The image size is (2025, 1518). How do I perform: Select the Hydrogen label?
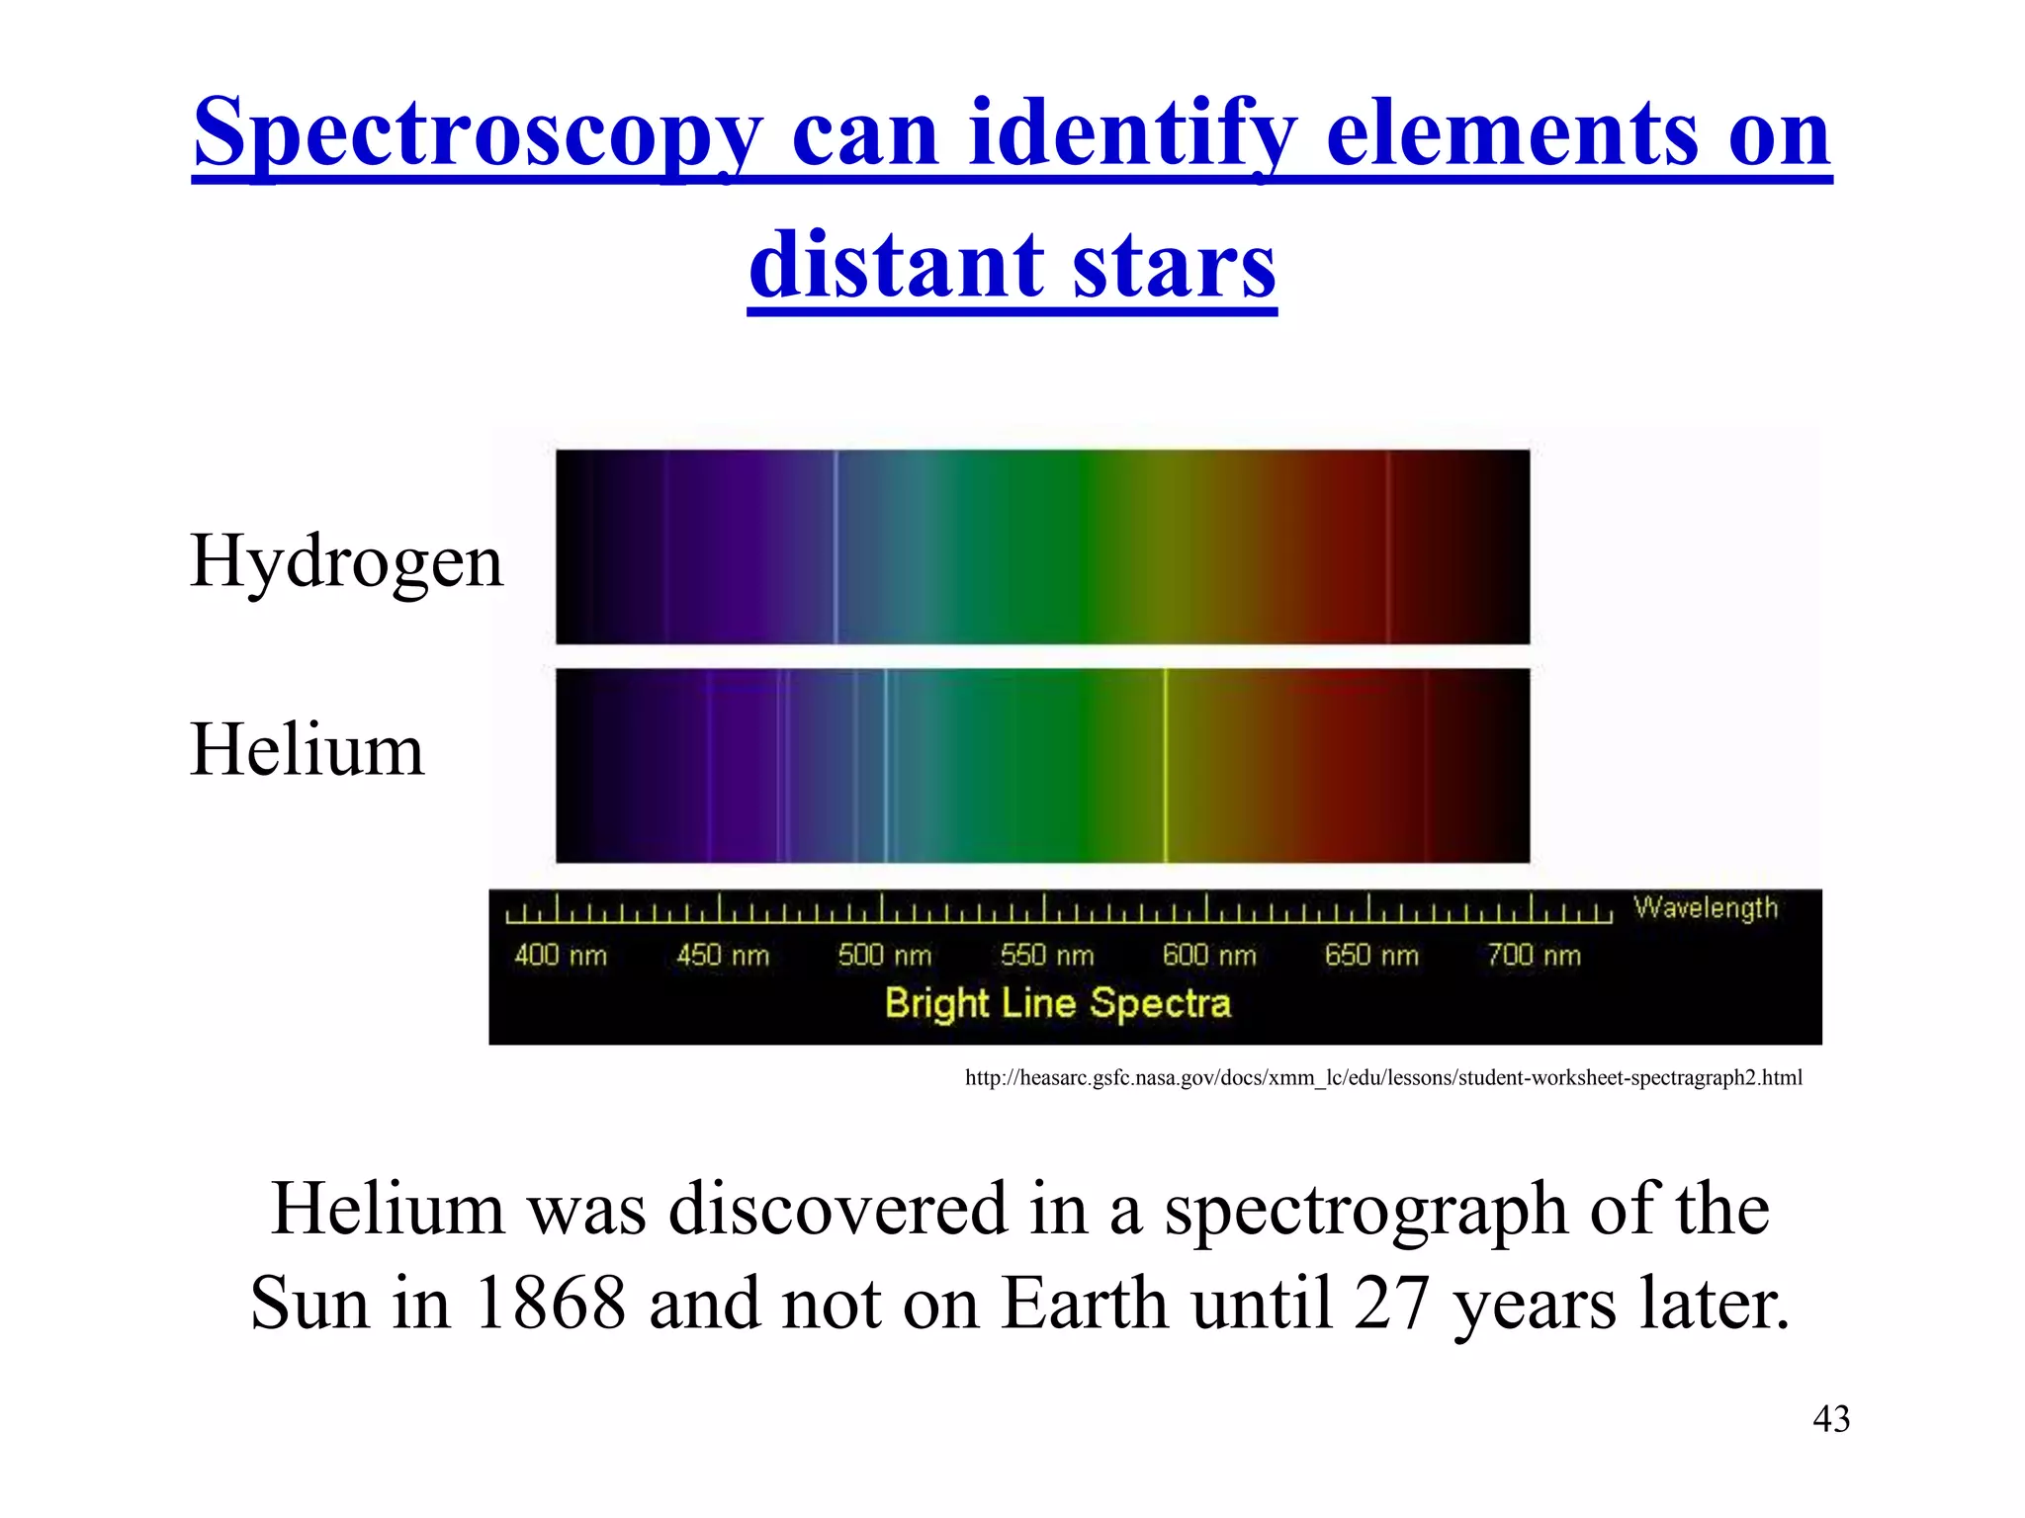[346, 560]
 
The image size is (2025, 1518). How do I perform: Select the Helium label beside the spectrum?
[307, 749]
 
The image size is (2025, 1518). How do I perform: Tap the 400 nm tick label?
[561, 956]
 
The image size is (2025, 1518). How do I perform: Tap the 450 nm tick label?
[723, 956]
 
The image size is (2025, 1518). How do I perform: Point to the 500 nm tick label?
[885, 956]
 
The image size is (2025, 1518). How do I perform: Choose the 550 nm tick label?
[1047, 956]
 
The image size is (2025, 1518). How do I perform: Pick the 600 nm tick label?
[1209, 956]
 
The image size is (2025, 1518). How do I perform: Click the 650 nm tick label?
[1371, 956]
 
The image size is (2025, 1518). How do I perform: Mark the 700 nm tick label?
[1534, 956]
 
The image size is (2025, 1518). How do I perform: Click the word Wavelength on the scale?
[1706, 908]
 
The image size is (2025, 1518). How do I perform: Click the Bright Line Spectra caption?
[1058, 1004]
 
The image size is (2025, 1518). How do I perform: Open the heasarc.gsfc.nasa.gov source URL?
[1383, 1078]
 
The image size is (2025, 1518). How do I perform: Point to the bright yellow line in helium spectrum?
[1166, 766]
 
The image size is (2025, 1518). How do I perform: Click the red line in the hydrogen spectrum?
[1388, 547]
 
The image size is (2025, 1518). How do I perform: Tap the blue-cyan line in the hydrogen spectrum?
[836, 547]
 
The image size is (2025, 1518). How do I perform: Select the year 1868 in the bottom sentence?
[550, 1304]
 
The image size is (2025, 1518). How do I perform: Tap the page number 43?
[1831, 1419]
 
